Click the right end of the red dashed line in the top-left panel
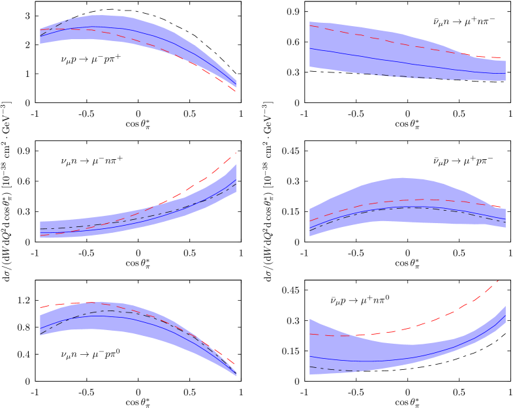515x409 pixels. pyautogui.click(x=236, y=91)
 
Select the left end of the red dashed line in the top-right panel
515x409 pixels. pyautogui.click(x=310, y=26)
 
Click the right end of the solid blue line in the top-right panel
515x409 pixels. pyautogui.click(x=505, y=74)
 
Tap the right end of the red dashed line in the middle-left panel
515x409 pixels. pyautogui.click(x=236, y=153)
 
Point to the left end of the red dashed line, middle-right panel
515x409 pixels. pyautogui.click(x=310, y=220)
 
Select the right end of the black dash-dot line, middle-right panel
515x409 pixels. pyautogui.click(x=505, y=222)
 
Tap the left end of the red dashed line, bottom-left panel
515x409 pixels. pyautogui.click(x=40, y=307)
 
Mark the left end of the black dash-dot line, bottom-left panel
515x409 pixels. pyautogui.click(x=40, y=335)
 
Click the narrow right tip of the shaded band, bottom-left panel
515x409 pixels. pyautogui.click(x=236, y=374)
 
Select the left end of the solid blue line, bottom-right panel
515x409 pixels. pyautogui.click(x=310, y=356)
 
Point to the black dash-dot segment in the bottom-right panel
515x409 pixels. pyautogui.click(x=333, y=370)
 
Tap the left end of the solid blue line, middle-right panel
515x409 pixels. pyautogui.click(x=310, y=228)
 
